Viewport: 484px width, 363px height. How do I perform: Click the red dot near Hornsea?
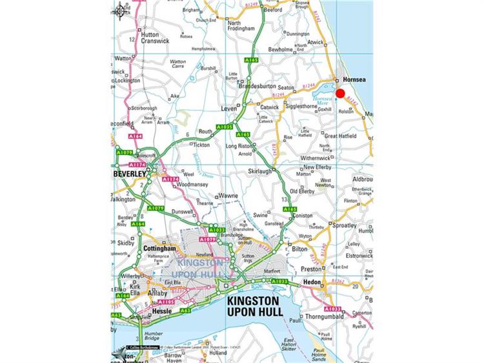(340, 93)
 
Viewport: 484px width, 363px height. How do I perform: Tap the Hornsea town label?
(356, 79)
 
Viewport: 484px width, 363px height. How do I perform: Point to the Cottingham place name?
(159, 248)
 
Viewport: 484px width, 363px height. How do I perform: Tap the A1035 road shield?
(225, 127)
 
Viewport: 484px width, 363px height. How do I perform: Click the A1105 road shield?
(166, 302)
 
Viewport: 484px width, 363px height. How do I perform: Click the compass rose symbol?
(121, 10)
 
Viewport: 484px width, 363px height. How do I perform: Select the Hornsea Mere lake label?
(322, 99)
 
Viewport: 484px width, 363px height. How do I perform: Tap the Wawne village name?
(228, 195)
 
